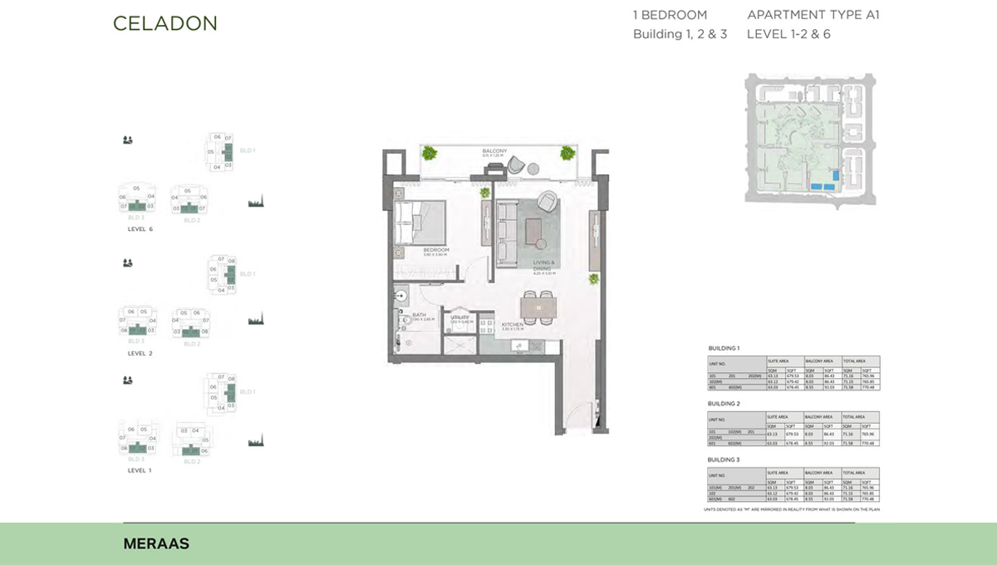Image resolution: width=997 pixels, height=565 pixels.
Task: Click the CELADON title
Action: click(x=165, y=23)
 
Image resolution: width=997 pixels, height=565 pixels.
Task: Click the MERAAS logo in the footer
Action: click(x=156, y=544)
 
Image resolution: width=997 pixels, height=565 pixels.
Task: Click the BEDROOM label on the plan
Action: click(x=435, y=250)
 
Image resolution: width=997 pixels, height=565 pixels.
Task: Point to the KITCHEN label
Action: click(x=511, y=325)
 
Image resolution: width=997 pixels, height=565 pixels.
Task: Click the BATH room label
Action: click(x=419, y=315)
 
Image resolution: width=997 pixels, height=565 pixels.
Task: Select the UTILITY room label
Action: click(x=460, y=317)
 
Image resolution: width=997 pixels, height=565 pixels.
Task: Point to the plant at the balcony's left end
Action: click(x=430, y=152)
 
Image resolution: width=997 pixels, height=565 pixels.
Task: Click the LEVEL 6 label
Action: click(x=140, y=229)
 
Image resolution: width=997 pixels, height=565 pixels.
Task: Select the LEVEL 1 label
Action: click(x=140, y=470)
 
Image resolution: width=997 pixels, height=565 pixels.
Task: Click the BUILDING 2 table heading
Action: click(x=724, y=403)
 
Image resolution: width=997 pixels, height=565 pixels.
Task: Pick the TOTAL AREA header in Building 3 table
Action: click(x=853, y=472)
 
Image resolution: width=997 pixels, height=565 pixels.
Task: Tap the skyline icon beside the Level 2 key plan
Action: click(x=256, y=319)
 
